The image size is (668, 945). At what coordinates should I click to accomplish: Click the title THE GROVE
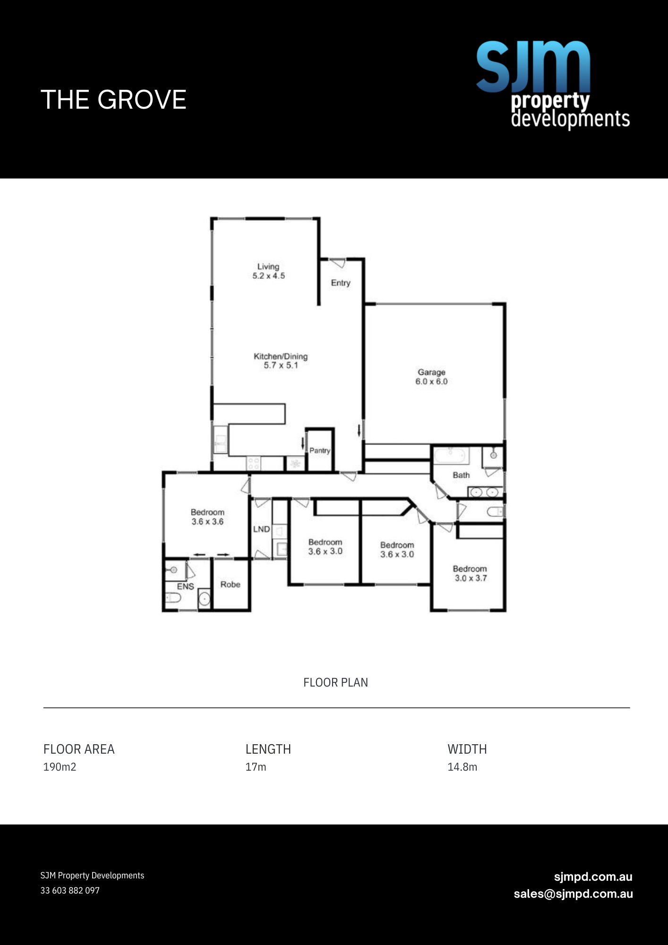point(113,100)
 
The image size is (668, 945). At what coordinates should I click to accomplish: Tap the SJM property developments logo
point(553,85)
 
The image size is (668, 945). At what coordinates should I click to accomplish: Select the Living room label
point(268,271)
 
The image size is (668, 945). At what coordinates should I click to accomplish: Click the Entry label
point(341,283)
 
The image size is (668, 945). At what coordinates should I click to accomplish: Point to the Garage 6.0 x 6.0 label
point(431,377)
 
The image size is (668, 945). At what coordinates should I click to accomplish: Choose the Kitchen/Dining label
point(281,361)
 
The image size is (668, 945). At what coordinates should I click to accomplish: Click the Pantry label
point(320,450)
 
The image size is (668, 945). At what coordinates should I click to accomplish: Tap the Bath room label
point(461,475)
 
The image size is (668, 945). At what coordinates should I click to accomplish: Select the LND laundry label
point(261,529)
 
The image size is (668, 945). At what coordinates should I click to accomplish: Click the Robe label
point(230,584)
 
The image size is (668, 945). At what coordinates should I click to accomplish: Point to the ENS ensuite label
point(185,586)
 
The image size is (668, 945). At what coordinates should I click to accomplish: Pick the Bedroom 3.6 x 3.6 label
point(207,517)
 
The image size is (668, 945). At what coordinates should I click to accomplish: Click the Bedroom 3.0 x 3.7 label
point(470,573)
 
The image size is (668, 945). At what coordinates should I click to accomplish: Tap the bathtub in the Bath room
point(451,455)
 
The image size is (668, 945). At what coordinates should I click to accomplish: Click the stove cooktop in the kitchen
point(254,463)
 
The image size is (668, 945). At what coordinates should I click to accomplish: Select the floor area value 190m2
point(60,767)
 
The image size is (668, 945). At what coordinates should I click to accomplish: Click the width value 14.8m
point(462,767)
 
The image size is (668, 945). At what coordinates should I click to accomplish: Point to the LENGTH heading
point(268,749)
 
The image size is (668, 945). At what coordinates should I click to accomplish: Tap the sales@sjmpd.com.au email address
point(573,893)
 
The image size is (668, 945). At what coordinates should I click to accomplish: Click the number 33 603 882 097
point(70,890)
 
